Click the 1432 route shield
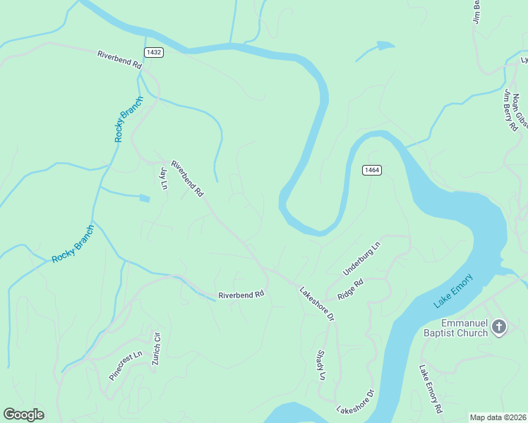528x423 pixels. tap(154, 53)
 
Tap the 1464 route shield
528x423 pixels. tap(373, 171)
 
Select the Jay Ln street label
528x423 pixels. tap(164, 178)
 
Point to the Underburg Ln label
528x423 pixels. tap(361, 257)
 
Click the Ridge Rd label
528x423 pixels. tap(350, 290)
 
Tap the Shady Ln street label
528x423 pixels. tap(321, 365)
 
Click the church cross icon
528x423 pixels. tap(499, 326)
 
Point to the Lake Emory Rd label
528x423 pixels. tap(430, 388)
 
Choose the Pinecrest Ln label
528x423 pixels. tap(126, 365)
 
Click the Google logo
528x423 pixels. tap(23, 415)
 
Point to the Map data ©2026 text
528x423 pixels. tap(498, 417)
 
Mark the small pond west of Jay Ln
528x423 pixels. tap(145, 199)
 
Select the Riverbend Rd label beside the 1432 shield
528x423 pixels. tap(119, 60)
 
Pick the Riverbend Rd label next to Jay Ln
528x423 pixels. tap(188, 176)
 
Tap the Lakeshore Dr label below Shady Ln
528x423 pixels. tap(354, 401)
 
